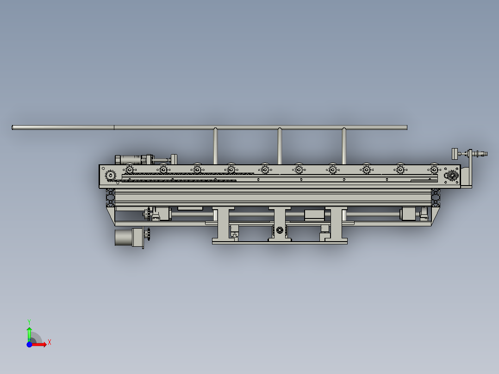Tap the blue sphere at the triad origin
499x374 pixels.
click(x=29, y=344)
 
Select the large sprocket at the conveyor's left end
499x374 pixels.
click(x=111, y=176)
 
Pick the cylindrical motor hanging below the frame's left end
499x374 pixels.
click(x=124, y=237)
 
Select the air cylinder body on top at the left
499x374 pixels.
click(x=134, y=160)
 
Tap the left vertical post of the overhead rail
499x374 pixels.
click(x=216, y=146)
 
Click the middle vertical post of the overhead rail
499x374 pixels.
click(x=280, y=146)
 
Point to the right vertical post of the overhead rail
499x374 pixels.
click(x=344, y=146)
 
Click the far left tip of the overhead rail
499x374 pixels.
click(x=13, y=127)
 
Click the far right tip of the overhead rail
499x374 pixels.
click(x=406, y=127)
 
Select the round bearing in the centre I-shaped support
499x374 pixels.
click(x=279, y=231)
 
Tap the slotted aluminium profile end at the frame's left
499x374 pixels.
click(x=111, y=198)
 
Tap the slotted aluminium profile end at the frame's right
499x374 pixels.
click(x=436, y=198)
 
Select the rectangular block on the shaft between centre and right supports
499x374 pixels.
click(x=313, y=214)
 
